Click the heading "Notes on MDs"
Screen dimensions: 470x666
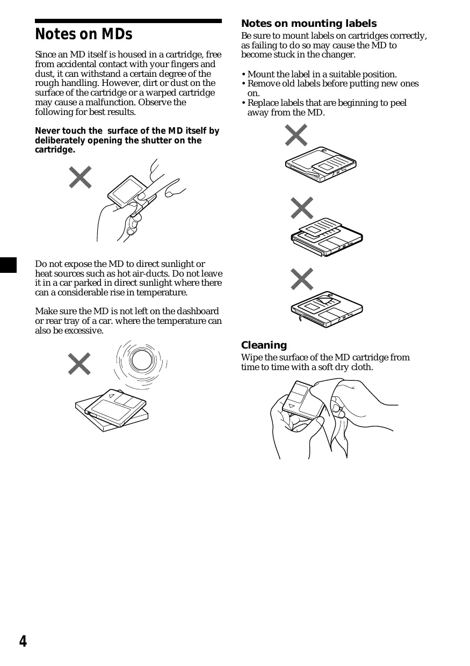83,35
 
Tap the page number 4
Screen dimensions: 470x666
23,641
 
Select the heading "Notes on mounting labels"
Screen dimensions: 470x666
309,24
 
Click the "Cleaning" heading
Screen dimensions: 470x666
264,345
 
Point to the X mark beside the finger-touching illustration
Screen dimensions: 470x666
80,177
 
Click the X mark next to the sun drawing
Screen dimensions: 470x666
79,364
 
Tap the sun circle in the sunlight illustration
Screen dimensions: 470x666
141,359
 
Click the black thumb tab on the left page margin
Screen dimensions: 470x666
8,265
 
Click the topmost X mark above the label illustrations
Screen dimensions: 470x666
296,135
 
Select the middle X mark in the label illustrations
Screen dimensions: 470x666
302,208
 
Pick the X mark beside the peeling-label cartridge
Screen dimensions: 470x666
302,279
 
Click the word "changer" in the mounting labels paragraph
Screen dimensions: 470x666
338,55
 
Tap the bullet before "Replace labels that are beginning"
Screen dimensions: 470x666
243,103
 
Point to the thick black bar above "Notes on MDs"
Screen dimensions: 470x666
128,21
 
